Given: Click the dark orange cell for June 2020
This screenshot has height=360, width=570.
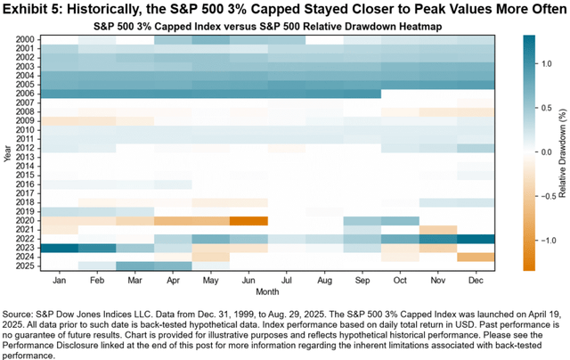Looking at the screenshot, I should pyautogui.click(x=250, y=220).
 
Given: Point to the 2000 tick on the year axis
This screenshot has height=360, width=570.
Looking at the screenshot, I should pyautogui.click(x=27, y=39).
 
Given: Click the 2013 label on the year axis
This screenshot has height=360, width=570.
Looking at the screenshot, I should pyautogui.click(x=27, y=157).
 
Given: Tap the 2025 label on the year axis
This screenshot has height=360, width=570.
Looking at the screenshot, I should pyautogui.click(x=27, y=266).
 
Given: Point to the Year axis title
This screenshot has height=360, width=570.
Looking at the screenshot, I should pyautogui.click(x=8, y=152).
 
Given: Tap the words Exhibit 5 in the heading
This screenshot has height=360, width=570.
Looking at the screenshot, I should pyautogui.click(x=32, y=9).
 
